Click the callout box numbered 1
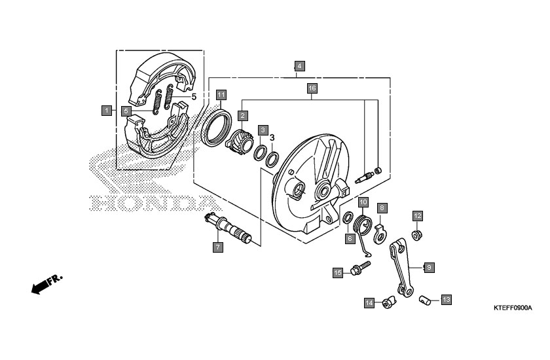[107, 111]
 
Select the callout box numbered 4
[299, 66]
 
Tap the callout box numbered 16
[312, 88]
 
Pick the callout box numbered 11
[221, 95]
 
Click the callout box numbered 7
[218, 247]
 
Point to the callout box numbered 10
[363, 202]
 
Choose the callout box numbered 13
[446, 300]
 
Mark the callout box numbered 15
[338, 273]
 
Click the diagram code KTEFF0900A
[513, 308]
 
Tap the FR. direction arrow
[46, 283]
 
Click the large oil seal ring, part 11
[217, 128]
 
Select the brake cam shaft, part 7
[229, 228]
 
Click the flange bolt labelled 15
[361, 268]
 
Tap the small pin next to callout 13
[425, 300]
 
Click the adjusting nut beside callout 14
[389, 302]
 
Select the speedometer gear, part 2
[239, 142]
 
